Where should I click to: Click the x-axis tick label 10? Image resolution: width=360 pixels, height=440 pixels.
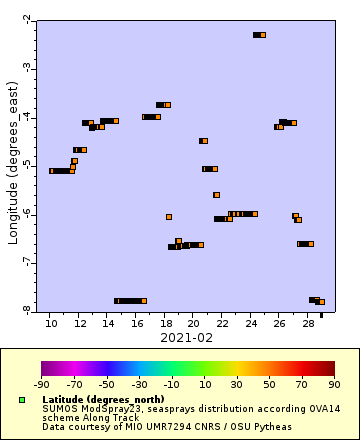tap(50, 324)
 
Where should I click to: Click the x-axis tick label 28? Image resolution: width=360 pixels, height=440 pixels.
tap(308, 324)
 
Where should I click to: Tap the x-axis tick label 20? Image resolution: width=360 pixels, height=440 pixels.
tap(193, 324)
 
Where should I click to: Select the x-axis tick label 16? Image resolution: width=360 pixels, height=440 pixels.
tap(136, 324)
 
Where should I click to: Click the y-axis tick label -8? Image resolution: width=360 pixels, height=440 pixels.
tap(26, 310)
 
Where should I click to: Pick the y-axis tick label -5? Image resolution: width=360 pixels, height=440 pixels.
tap(26, 165)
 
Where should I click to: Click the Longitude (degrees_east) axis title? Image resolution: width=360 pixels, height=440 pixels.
tap(13, 165)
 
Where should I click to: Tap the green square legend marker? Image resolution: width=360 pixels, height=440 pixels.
tap(21, 400)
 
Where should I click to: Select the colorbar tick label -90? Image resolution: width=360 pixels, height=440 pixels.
tap(42, 382)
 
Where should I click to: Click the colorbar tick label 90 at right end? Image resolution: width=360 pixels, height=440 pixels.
tap(334, 382)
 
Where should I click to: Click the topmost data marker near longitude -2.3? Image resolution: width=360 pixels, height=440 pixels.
tap(259, 35)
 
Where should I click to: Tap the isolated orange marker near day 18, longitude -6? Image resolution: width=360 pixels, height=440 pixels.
tap(169, 216)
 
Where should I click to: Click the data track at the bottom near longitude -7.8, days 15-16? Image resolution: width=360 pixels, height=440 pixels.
tap(130, 301)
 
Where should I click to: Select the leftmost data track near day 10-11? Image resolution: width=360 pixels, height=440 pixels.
tap(61, 171)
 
